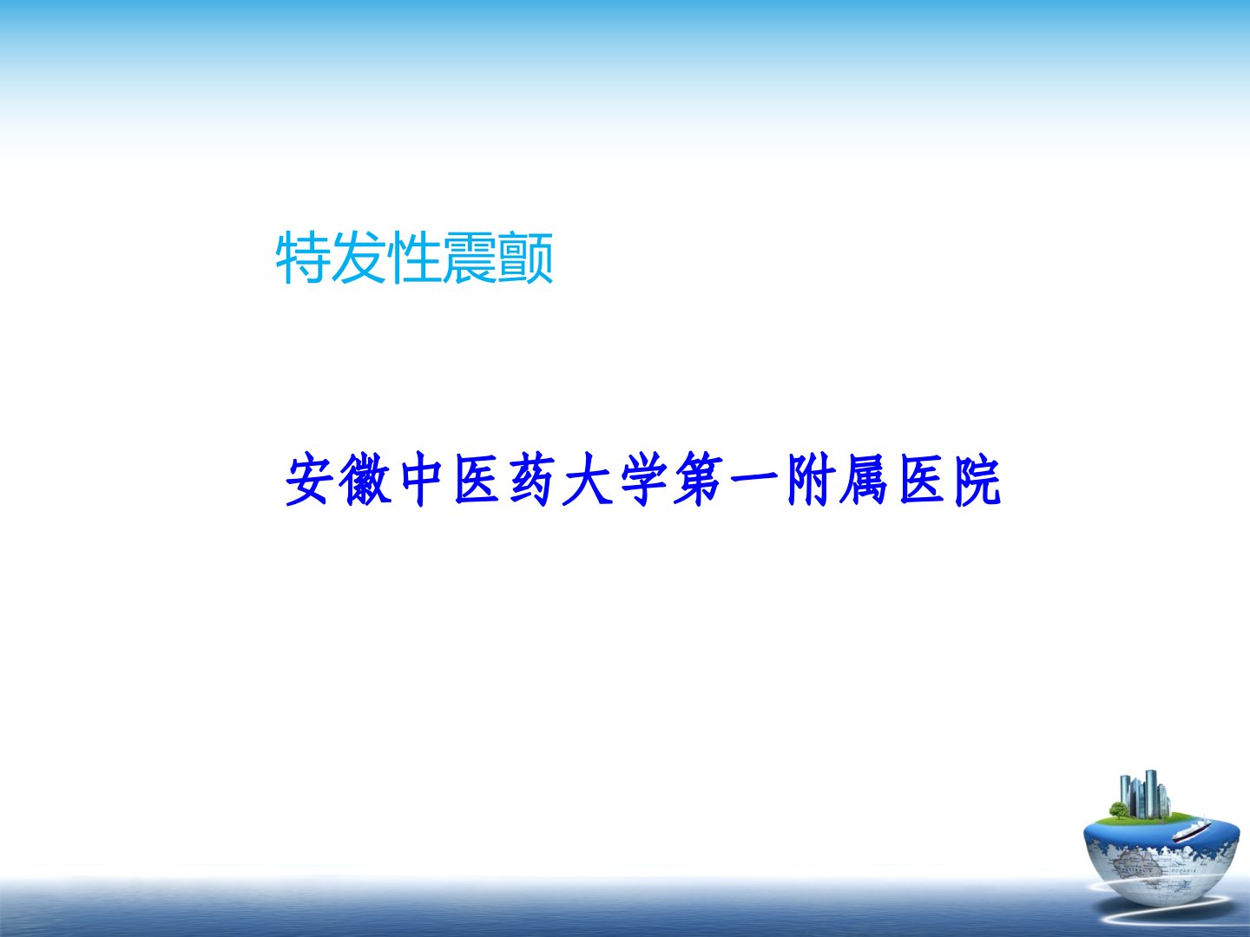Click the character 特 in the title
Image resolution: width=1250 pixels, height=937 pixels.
(x=303, y=258)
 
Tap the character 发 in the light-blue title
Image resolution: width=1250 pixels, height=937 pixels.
(x=359, y=258)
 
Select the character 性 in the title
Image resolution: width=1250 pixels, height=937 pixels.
(x=414, y=258)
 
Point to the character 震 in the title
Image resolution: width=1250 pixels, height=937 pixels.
(x=470, y=258)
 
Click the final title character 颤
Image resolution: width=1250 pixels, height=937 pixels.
(x=525, y=258)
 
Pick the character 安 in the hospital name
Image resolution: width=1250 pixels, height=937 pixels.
(x=307, y=479)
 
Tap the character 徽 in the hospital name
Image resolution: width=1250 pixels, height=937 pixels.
(x=365, y=479)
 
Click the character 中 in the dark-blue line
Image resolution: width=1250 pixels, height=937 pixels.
(x=421, y=479)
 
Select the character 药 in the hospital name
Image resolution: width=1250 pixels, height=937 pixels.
(x=532, y=479)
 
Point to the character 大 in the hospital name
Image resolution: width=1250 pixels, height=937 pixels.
(x=587, y=479)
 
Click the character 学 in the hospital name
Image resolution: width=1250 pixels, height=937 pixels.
(x=643, y=479)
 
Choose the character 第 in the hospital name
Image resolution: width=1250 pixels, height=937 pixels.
(x=698, y=479)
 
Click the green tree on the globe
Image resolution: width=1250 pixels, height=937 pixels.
(x=1118, y=809)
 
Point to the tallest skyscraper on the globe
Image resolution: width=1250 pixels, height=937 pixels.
(x=1150, y=794)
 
